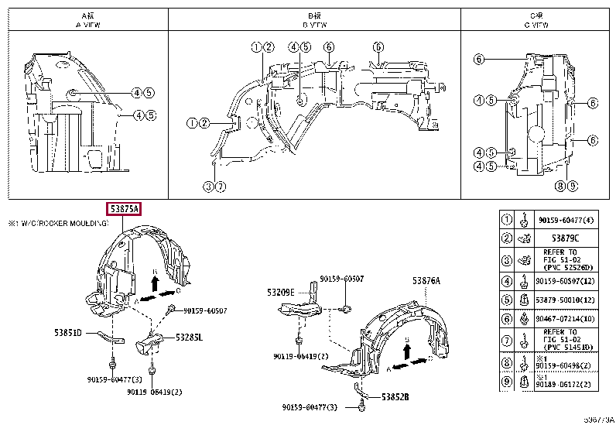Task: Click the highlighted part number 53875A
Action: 124,209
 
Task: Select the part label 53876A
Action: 426,281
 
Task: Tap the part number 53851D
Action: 68,333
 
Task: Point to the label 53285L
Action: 189,337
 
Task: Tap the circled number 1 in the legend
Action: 506,219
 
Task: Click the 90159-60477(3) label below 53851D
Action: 95,379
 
